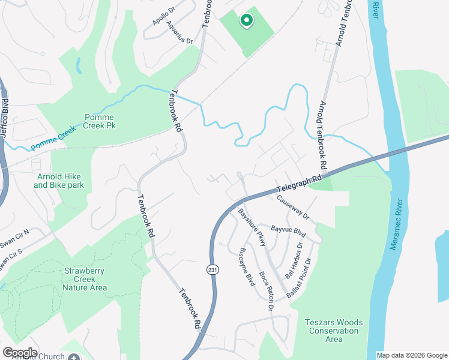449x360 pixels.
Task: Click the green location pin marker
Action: tap(246, 21)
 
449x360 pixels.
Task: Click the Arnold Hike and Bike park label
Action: tap(59, 181)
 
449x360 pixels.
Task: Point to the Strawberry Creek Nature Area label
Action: tap(85, 279)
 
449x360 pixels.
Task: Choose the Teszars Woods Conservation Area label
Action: tap(334, 331)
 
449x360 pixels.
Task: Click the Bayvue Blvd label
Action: tap(289, 229)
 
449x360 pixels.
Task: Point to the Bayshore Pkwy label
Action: tap(251, 228)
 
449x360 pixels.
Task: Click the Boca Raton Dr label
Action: tap(267, 291)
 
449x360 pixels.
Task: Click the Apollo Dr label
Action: tap(163, 17)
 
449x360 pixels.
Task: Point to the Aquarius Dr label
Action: tap(179, 32)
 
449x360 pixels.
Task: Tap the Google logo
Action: tap(20, 353)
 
